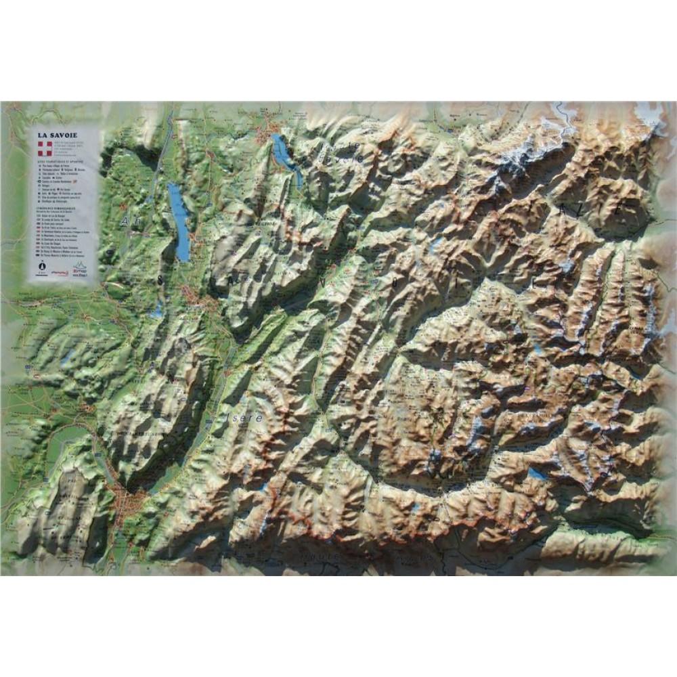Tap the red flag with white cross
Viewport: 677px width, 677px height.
(x=44, y=150)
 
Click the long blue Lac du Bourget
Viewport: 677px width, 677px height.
(x=180, y=220)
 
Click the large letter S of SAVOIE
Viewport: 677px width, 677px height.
(x=160, y=278)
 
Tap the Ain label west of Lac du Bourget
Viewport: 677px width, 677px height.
(x=129, y=221)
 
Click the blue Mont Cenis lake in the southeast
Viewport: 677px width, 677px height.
(x=538, y=474)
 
